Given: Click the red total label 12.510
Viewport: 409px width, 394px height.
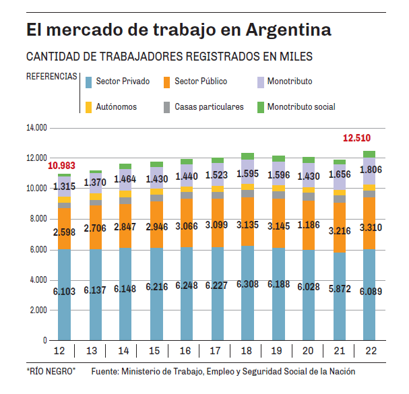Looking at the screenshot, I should [x=356, y=138].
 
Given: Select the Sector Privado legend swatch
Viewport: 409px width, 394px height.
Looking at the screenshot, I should [x=87, y=82].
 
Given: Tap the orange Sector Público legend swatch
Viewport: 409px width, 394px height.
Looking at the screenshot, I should [x=166, y=82].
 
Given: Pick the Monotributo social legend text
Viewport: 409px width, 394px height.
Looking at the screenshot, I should [x=301, y=106].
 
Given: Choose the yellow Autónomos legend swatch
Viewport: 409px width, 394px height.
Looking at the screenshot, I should [x=87, y=106].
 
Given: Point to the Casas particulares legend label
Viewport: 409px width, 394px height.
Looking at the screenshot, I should [x=209, y=106].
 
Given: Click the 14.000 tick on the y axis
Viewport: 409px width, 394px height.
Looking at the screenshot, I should [x=36, y=127].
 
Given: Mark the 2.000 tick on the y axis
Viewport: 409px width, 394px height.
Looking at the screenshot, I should [x=37, y=310].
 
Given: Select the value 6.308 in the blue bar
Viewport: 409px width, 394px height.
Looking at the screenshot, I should [x=247, y=286].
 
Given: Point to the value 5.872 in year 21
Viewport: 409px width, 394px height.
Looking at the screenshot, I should [x=340, y=287].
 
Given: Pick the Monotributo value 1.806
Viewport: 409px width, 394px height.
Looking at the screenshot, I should [x=370, y=170].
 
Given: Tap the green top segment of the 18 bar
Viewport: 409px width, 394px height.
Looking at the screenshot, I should [x=247, y=156].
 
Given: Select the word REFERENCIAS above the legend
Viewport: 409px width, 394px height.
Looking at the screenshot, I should [x=51, y=76].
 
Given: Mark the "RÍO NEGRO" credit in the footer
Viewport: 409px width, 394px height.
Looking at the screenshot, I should [x=51, y=372].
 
